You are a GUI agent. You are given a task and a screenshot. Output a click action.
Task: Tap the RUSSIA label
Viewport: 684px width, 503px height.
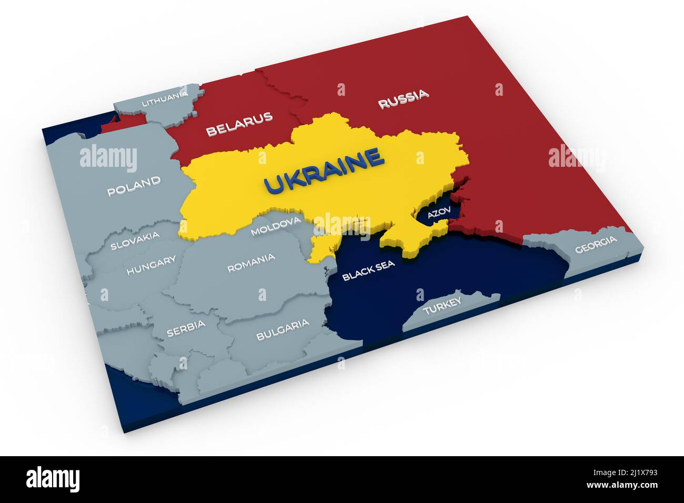(403, 99)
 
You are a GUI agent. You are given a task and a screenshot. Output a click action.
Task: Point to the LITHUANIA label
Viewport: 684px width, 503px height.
(165, 98)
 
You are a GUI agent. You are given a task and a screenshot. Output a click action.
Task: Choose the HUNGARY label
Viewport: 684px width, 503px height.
(151, 266)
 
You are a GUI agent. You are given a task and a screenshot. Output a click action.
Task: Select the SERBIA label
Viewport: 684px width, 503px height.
(186, 328)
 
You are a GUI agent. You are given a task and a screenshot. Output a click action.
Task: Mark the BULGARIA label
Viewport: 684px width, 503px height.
(283, 329)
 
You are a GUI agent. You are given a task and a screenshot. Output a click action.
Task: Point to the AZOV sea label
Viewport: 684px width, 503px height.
(439, 213)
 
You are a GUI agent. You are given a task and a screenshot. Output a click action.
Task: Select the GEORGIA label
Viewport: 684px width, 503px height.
(595, 245)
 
